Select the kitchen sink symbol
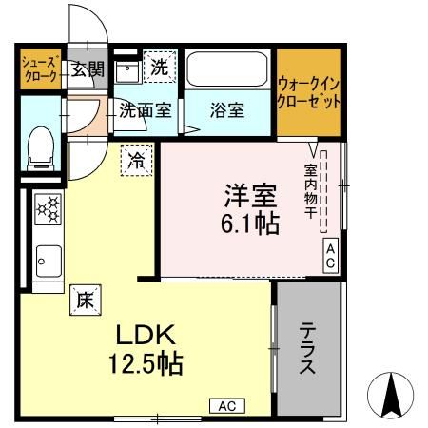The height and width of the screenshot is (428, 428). click(48, 257)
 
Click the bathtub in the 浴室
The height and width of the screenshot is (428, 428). click(227, 69)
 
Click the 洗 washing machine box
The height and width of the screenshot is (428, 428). click(161, 68)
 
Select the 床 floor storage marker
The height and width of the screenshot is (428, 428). click(86, 299)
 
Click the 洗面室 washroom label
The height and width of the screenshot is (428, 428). click(146, 109)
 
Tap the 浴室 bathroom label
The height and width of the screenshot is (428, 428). click(227, 109)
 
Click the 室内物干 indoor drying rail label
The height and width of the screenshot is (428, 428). click(311, 190)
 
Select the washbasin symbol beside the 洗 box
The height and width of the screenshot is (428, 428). click(126, 70)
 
